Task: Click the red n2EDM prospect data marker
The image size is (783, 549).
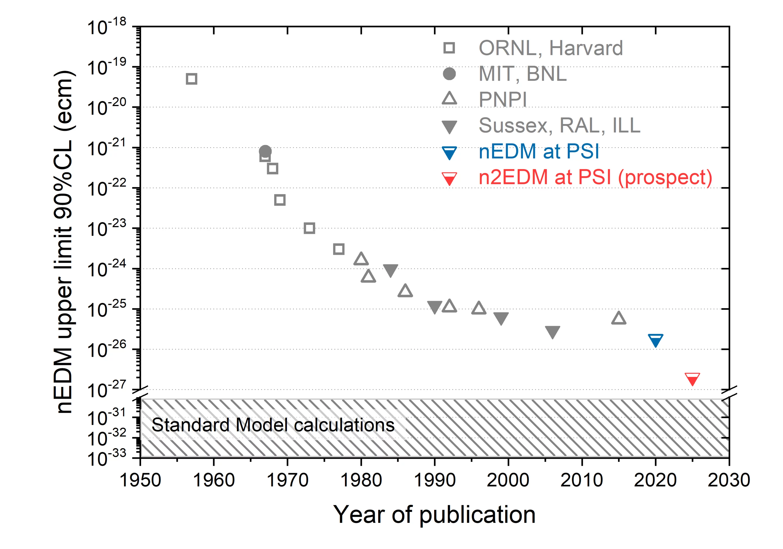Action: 692,379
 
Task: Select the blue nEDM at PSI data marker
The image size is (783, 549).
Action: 655,340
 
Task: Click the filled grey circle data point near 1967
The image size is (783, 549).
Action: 265,151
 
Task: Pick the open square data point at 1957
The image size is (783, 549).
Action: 192,79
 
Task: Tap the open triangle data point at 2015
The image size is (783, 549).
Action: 619,318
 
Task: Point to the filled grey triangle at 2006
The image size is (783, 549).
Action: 552,331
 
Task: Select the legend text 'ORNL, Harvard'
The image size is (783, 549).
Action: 551,48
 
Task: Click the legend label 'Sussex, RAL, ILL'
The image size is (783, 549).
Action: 559,125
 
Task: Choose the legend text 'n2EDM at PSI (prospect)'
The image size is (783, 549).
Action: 595,177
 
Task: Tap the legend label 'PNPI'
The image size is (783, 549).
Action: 503,99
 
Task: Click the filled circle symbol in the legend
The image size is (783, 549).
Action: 449,74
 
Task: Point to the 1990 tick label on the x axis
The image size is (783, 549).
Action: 434,480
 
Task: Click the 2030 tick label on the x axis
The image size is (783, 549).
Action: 729,480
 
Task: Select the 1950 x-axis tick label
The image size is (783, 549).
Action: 140,480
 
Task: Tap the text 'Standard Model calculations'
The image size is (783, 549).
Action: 273,425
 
